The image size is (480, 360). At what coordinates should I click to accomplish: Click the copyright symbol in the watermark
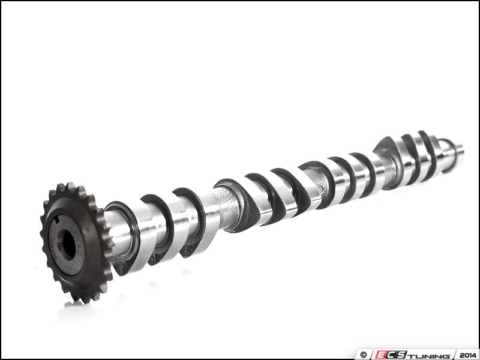[x=362, y=352]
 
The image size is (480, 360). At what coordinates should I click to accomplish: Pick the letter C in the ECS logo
[x=392, y=352]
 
